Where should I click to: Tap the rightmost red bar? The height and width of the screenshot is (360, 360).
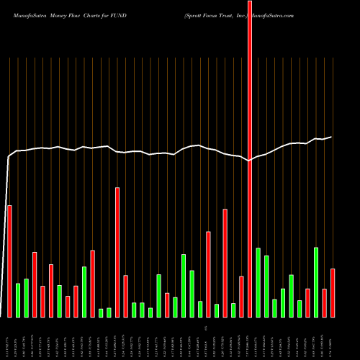coord(333,292)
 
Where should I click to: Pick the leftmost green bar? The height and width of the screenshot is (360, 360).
coord(18,300)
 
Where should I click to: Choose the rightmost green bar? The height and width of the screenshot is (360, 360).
coord(316,282)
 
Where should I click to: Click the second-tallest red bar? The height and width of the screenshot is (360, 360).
coord(117,252)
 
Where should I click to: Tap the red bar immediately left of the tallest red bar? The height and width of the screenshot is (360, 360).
coord(241,296)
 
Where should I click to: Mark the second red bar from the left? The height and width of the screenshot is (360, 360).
coord(35,284)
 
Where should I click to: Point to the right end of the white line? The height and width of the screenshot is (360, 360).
coord(331,137)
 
